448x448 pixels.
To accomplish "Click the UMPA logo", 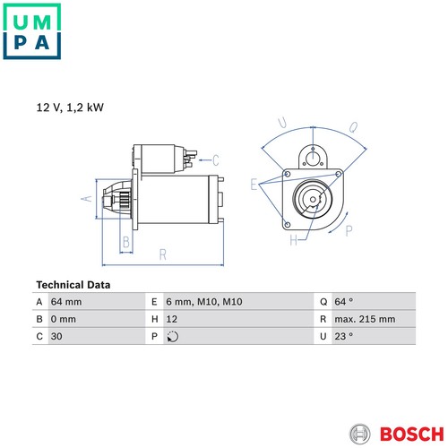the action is coord(32,31).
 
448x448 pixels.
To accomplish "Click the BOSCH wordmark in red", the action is coord(412,435).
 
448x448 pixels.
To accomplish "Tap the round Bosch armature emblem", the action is coord(359,434).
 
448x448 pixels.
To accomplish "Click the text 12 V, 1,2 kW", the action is coord(70,108).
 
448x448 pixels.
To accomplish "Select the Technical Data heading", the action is coord(73,285).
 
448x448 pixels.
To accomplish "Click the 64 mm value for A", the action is coord(66,302).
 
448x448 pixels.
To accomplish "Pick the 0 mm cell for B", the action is coord(64,319).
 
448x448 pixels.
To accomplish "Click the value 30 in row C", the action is coord(56,336).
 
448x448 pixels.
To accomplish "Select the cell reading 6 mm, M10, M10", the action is coord(204,302).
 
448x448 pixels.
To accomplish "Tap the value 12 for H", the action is coord(172,319).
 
